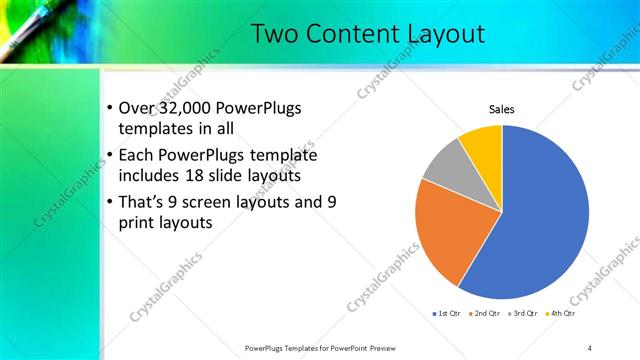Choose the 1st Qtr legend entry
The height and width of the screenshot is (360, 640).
(447, 312)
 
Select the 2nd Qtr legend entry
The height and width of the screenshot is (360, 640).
(487, 312)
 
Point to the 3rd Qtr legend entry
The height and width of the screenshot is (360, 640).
(526, 312)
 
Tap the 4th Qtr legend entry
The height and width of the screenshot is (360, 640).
(564, 312)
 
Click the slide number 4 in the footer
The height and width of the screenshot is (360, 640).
(590, 347)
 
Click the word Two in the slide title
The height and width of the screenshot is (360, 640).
(275, 33)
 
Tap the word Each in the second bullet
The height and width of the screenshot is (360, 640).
(137, 155)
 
